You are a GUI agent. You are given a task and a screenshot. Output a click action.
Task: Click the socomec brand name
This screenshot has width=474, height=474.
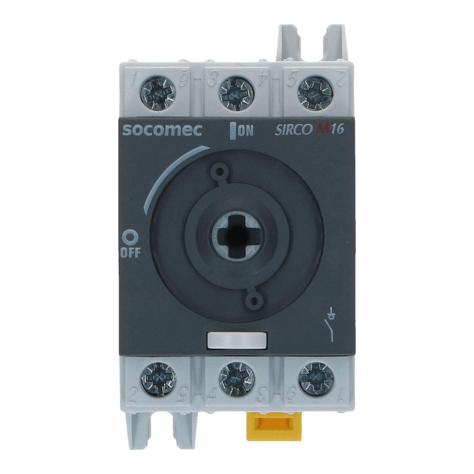[162, 131]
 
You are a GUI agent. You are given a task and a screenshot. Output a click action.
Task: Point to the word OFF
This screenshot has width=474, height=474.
[131, 252]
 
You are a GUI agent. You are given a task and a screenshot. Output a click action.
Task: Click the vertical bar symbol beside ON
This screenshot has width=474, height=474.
[233, 131]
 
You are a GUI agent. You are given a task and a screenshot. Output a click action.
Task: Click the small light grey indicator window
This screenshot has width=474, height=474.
[237, 340]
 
